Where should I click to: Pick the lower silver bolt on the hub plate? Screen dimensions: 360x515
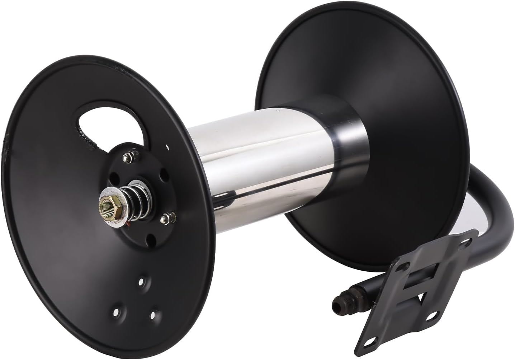click(167, 218)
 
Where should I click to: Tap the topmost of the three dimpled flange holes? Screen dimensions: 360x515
click(142, 281)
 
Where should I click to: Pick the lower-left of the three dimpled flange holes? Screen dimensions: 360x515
click(117, 312)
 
